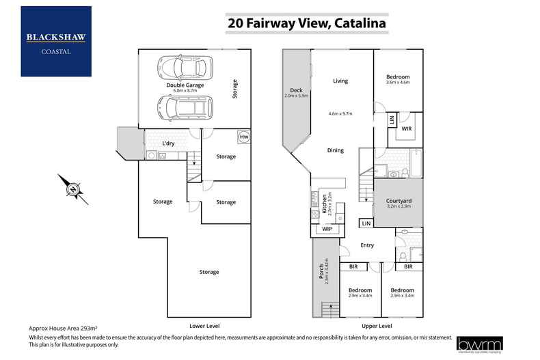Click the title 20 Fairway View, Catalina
point(306,23)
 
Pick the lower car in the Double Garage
point(181,108)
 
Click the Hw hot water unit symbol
point(243,137)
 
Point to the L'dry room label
point(169,143)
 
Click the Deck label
point(296,90)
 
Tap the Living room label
point(340,81)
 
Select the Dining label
point(335,150)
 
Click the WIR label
point(407,128)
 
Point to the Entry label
point(367,245)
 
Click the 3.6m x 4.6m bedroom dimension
point(398,82)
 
